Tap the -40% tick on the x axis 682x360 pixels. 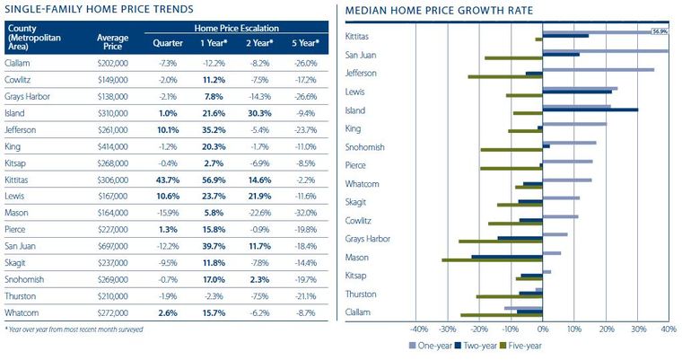(x=419, y=329)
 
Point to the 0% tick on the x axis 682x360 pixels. (x=543, y=329)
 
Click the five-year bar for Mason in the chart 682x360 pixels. (x=493, y=260)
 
